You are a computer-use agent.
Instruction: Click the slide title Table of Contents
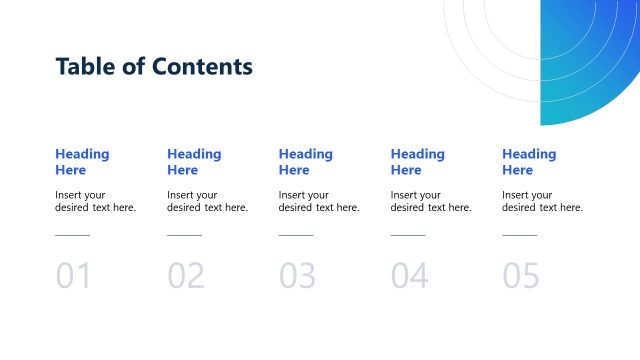click(x=154, y=67)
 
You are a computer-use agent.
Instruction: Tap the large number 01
click(x=73, y=276)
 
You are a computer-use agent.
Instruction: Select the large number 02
click(x=185, y=276)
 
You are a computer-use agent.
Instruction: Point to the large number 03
click(x=297, y=276)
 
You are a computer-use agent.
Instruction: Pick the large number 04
click(x=409, y=276)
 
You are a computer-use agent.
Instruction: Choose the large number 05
click(x=521, y=276)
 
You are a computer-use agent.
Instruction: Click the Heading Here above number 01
click(x=82, y=162)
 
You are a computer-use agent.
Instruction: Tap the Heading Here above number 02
click(x=194, y=162)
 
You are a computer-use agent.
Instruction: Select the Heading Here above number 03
click(x=306, y=162)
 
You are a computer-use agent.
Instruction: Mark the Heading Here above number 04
click(x=418, y=162)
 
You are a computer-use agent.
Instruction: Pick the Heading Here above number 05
click(x=529, y=162)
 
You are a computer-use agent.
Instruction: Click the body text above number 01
click(x=95, y=201)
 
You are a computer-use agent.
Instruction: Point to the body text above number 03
click(x=319, y=201)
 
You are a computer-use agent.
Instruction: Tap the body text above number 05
click(x=542, y=201)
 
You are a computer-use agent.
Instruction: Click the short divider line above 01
click(x=72, y=236)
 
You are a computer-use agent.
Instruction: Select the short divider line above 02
click(x=184, y=236)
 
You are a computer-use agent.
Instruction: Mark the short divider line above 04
click(x=408, y=236)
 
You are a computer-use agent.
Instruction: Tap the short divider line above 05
click(x=519, y=236)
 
